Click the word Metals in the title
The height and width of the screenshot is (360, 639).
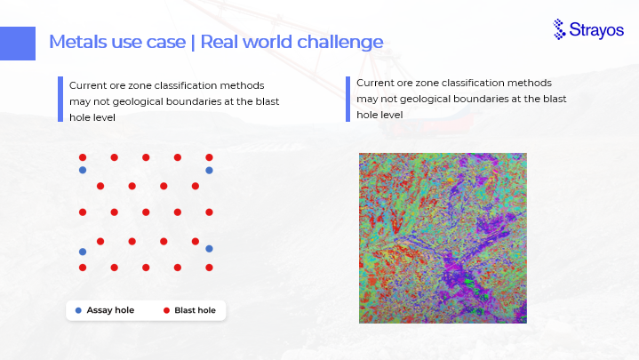[x=78, y=42]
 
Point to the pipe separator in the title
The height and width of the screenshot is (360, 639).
[x=193, y=43]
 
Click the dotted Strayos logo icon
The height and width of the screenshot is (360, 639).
[x=559, y=29]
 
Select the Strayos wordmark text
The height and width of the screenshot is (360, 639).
[x=596, y=30]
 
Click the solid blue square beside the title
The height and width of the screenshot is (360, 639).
[x=18, y=44]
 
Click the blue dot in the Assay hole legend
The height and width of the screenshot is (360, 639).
[x=78, y=311]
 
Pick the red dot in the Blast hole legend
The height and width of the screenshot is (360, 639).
[x=166, y=311]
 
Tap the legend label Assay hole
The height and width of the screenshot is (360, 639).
[x=110, y=310]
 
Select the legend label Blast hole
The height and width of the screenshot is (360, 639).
[x=196, y=310]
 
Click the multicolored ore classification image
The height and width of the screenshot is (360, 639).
[x=443, y=238]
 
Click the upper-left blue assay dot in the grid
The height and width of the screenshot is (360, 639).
[x=83, y=170]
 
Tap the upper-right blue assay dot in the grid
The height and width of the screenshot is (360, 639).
[x=209, y=171]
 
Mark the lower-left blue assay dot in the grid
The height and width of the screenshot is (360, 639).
[x=83, y=252]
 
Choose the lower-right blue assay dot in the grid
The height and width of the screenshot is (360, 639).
[x=209, y=249]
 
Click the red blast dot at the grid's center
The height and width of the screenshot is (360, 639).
[x=146, y=212]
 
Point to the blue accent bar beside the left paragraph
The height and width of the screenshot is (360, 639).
[x=60, y=99]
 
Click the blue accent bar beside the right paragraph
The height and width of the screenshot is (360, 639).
[x=347, y=99]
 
